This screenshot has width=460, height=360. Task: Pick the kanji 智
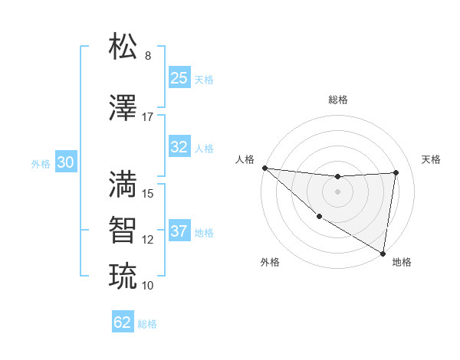click(123, 230)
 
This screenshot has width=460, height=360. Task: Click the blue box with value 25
click(179, 77)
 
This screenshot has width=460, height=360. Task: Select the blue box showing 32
click(179, 148)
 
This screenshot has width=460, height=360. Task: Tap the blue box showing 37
click(179, 231)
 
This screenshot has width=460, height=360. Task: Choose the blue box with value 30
click(65, 163)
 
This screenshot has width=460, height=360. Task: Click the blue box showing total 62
click(123, 322)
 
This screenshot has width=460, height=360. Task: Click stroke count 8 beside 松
click(148, 56)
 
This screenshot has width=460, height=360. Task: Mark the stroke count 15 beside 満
click(148, 194)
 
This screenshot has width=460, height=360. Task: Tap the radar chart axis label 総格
click(338, 100)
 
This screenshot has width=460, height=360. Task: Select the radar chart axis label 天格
click(431, 159)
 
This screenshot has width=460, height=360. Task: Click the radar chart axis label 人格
click(245, 159)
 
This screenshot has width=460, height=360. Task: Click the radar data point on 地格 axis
click(383, 253)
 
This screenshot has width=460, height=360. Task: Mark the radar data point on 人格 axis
click(264, 168)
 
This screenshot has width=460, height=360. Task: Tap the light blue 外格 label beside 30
click(40, 164)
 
